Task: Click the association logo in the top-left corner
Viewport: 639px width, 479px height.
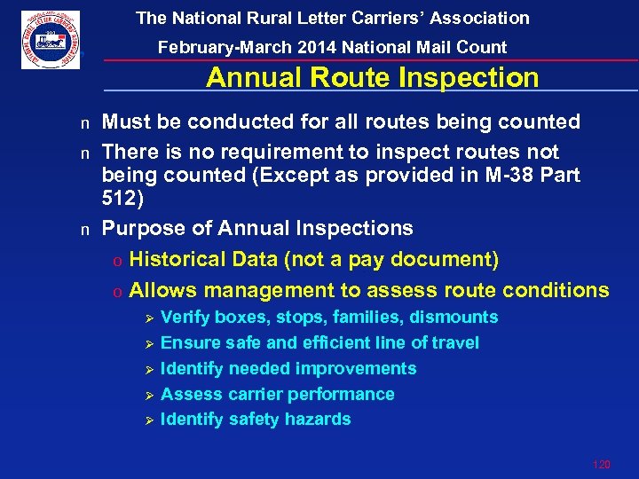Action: [51, 40]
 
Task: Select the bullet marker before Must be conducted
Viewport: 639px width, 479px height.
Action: [85, 123]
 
